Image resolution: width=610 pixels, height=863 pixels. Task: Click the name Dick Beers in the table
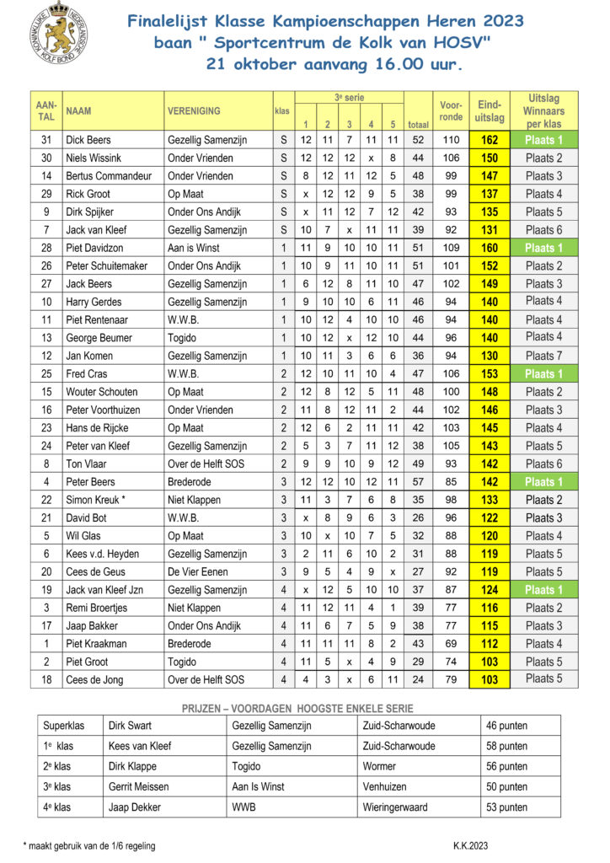coord(88,140)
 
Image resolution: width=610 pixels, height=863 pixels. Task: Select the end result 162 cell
coord(490,140)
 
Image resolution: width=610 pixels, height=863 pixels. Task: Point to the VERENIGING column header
coord(194,110)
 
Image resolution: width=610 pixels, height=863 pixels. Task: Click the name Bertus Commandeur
coord(109,176)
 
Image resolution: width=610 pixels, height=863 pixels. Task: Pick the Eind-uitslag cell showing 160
coord(490,248)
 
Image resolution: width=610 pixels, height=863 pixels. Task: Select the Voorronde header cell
coord(451,110)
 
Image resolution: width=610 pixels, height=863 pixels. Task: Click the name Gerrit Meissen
coord(138,786)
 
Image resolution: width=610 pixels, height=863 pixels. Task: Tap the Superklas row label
coord(65,726)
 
